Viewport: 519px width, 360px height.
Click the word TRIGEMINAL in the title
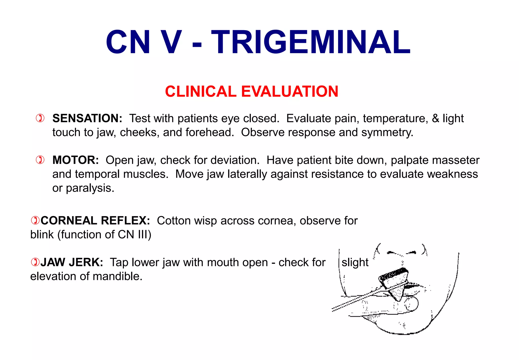[311, 42]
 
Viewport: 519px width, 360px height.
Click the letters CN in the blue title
[128, 42]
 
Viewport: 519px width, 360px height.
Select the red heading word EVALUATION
[290, 91]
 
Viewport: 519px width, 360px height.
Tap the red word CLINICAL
[200, 91]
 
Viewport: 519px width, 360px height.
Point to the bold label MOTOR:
[76, 160]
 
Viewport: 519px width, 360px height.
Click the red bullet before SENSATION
[40, 118]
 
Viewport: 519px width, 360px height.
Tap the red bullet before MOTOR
[40, 160]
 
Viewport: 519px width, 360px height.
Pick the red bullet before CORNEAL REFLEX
[35, 220]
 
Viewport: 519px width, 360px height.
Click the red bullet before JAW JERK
[35, 262]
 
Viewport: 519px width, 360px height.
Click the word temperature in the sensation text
[395, 119]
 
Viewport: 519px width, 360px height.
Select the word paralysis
[90, 188]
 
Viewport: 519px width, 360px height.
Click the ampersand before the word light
[435, 118]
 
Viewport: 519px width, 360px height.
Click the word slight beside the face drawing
[355, 262]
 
